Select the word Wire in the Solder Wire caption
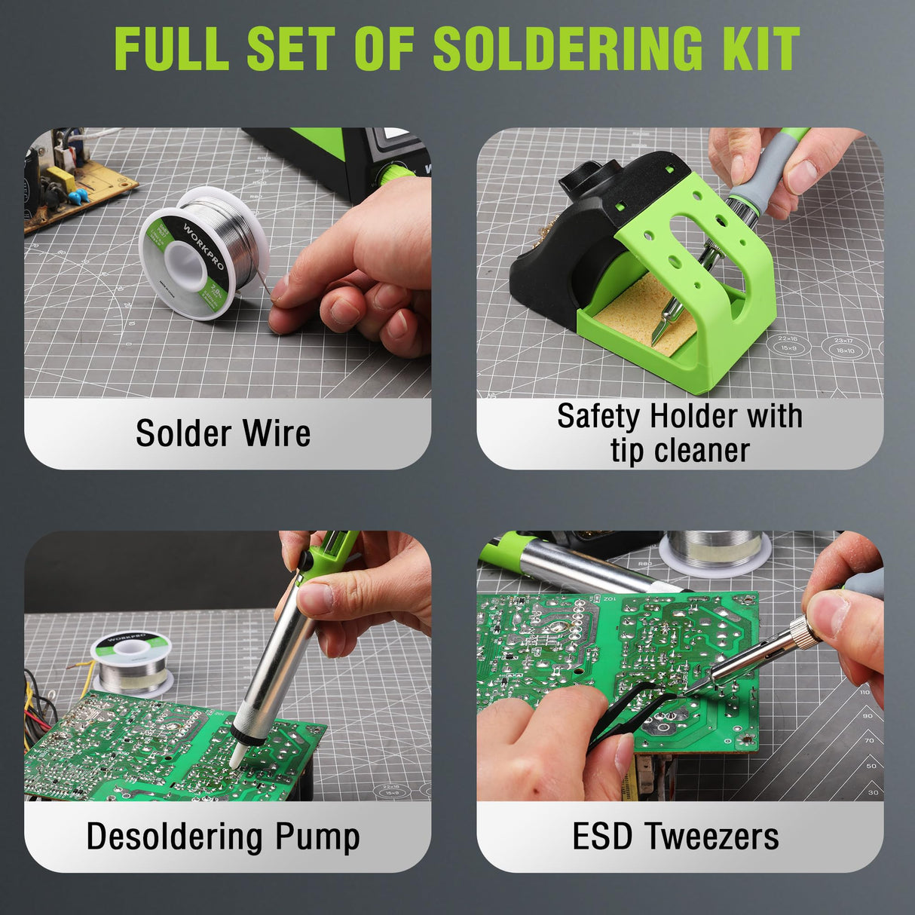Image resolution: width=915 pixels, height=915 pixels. (x=276, y=433)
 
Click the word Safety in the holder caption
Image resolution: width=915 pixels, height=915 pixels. (x=599, y=416)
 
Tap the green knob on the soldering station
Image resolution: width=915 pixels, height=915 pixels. (x=393, y=176)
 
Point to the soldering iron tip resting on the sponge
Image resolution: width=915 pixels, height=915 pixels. (x=666, y=320)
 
